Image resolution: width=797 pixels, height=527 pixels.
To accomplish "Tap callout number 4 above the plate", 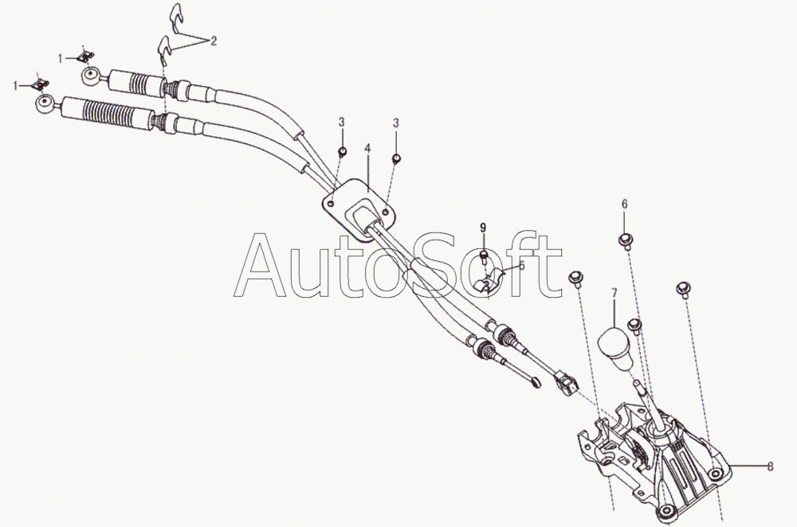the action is pos(367,149).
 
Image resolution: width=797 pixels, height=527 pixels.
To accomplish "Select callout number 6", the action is pos(624,204).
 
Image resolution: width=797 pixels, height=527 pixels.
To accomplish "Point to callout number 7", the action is pos(614,294).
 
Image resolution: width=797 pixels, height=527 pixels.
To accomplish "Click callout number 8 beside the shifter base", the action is pos(771,468).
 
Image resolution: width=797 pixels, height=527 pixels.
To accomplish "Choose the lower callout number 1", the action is pos(16,84).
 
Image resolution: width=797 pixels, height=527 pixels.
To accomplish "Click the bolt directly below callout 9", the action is pos(483,256).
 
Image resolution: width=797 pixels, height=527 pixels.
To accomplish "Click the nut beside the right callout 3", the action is pos(395,158).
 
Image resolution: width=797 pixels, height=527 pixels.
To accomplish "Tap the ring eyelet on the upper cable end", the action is pos(91,77).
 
